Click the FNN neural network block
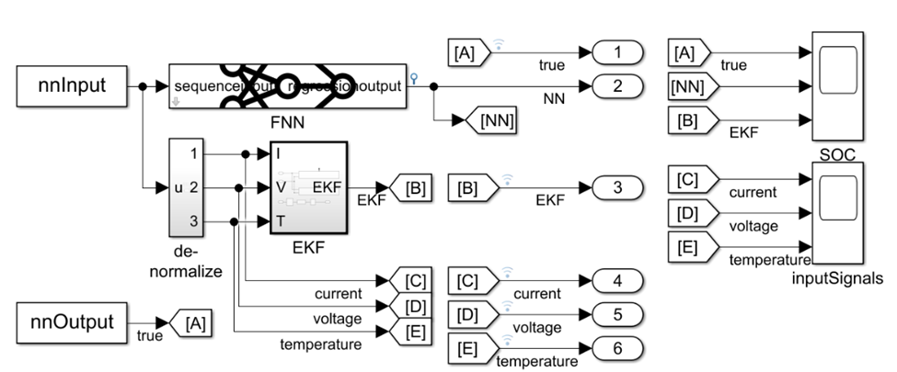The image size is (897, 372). (x=288, y=86)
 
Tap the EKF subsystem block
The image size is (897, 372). (x=307, y=187)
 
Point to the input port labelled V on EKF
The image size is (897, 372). (x=279, y=188)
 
